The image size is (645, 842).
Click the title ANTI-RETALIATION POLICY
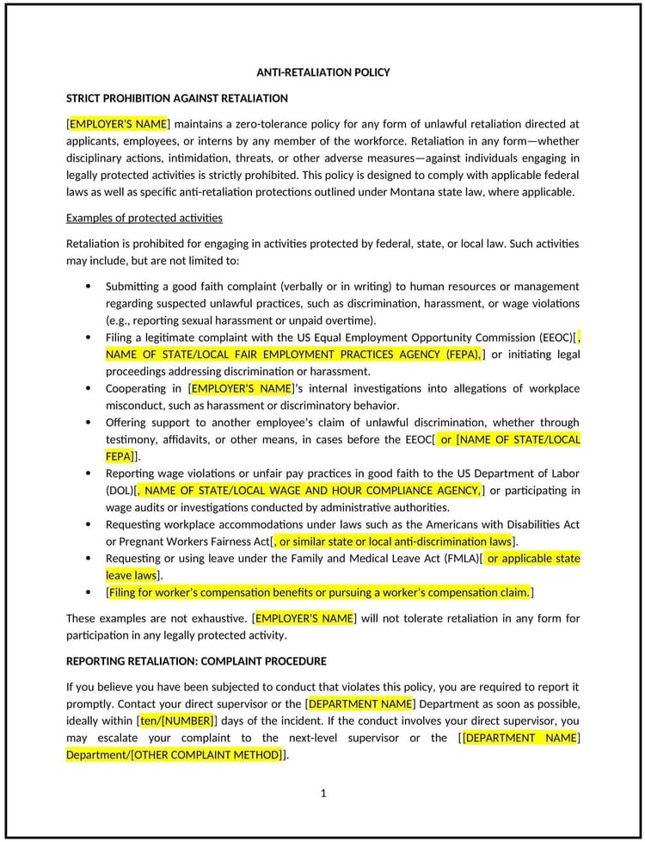(322, 72)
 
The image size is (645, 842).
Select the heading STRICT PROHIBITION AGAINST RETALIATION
(176, 98)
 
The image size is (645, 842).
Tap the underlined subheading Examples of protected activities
(144, 218)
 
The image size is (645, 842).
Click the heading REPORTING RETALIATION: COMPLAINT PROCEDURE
(196, 661)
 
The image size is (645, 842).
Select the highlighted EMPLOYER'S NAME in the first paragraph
(118, 124)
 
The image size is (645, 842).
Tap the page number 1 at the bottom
(323, 793)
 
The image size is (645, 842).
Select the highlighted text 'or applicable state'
(533, 559)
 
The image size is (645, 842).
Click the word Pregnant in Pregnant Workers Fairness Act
(145, 542)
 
